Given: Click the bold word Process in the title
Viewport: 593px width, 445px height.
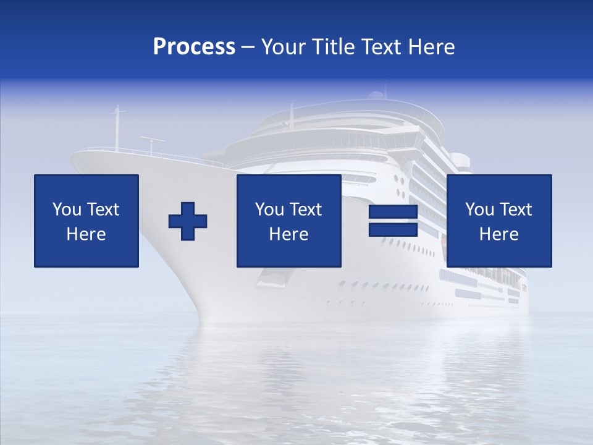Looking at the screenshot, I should click(x=194, y=47).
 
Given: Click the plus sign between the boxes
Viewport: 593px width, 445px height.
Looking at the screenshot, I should click(x=188, y=221).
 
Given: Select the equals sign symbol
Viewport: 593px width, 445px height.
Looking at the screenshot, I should click(x=393, y=221).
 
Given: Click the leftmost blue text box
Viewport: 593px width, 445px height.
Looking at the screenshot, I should click(x=86, y=221).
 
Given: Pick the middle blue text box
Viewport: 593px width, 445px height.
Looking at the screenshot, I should click(x=289, y=221).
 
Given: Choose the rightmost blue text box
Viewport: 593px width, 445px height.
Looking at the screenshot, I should click(x=499, y=221).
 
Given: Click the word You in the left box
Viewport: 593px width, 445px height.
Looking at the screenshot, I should click(x=67, y=210).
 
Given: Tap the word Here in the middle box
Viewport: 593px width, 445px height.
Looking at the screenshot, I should click(x=289, y=234).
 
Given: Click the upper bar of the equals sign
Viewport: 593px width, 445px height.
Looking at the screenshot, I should click(x=393, y=212).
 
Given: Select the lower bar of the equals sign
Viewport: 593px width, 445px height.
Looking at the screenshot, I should click(x=393, y=230).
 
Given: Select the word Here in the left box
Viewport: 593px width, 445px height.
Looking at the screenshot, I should click(x=86, y=234).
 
